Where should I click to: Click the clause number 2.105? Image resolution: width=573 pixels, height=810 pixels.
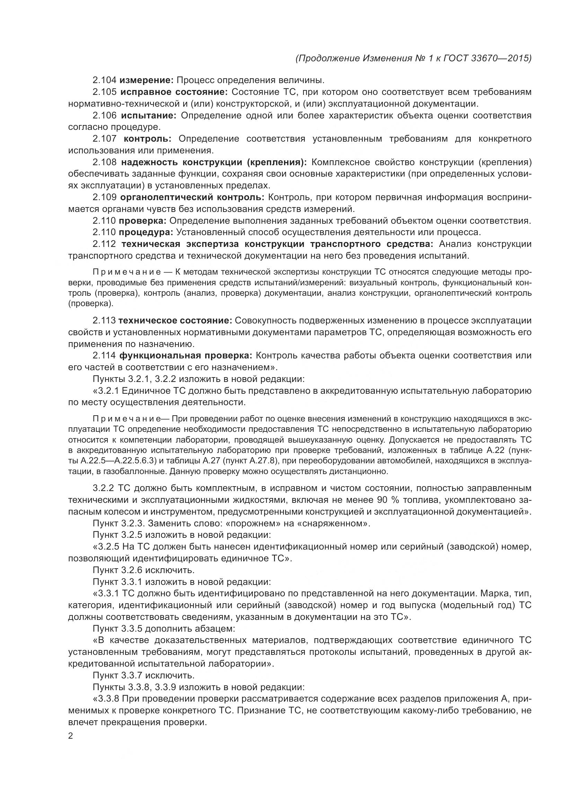[104, 92]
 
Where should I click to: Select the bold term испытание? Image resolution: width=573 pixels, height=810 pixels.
[148, 115]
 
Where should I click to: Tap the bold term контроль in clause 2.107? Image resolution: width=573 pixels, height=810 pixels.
[148, 139]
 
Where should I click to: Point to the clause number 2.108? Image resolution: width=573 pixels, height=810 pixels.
[104, 162]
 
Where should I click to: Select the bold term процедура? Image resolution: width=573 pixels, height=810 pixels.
[146, 232]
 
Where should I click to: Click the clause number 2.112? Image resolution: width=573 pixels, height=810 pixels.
[104, 244]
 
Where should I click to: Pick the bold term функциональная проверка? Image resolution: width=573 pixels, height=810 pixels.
[186, 355]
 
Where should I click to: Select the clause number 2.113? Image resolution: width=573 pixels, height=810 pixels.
[104, 320]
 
